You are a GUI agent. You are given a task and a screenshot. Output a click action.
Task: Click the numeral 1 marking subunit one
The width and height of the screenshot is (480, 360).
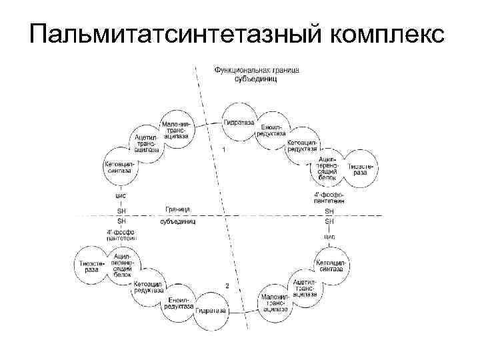(223, 150)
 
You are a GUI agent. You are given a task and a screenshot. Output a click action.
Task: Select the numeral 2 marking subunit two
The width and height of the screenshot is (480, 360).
(227, 285)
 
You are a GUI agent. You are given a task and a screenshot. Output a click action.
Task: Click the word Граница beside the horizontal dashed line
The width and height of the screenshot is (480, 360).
(177, 209)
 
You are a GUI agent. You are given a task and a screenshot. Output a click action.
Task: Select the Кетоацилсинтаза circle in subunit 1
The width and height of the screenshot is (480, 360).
(120, 167)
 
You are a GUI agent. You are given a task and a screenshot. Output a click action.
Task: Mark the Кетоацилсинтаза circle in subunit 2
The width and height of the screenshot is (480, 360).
(331, 265)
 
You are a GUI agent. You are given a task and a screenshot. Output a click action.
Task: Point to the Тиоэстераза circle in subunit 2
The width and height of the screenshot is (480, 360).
(92, 265)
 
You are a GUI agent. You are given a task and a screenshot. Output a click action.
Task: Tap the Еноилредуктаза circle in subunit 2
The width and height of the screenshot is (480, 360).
(181, 302)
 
